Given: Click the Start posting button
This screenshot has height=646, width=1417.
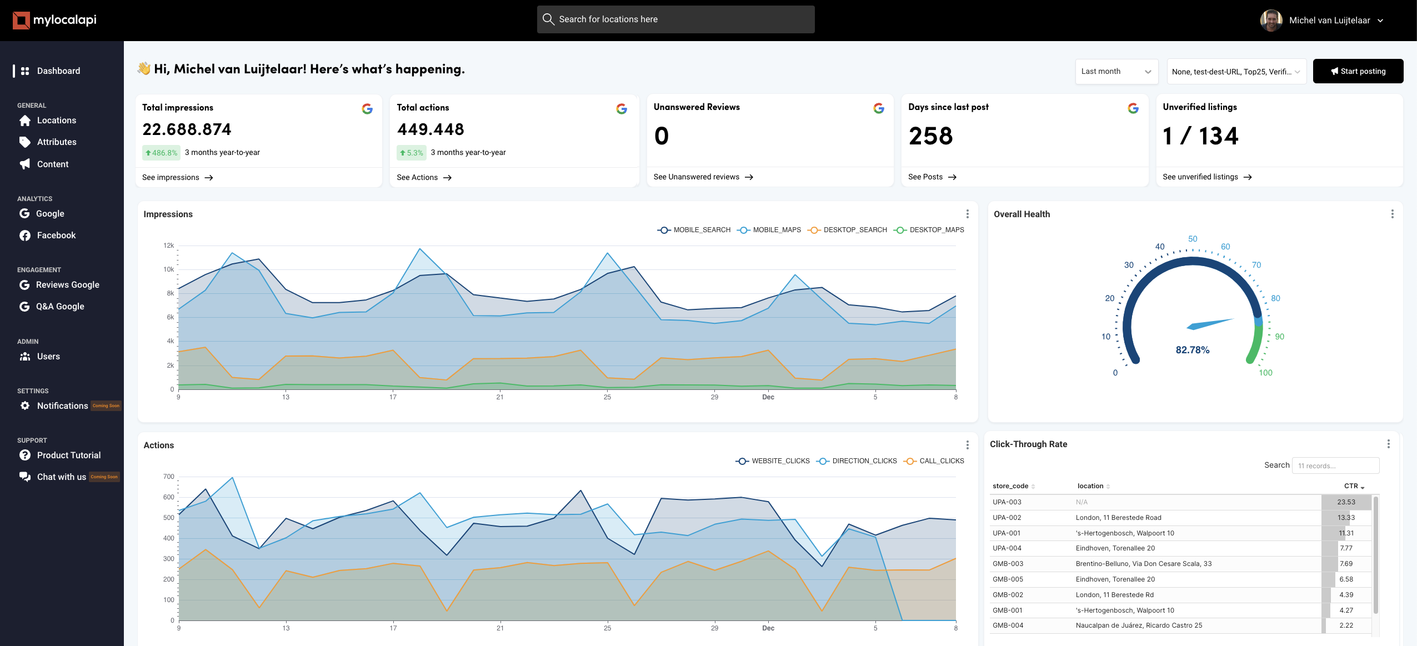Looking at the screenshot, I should [x=1358, y=71].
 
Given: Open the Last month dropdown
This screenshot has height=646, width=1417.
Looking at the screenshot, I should [x=1116, y=71].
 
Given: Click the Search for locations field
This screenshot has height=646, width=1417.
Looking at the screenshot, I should [x=675, y=19].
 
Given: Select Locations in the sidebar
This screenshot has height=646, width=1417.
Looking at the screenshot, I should [x=56, y=121].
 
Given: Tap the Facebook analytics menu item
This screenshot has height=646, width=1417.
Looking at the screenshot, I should [x=56, y=236].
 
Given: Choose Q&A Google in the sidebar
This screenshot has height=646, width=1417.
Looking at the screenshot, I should [x=59, y=307].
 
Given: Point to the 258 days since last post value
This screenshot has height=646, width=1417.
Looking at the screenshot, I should [x=930, y=136].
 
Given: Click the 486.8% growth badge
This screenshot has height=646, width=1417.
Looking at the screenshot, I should [x=161, y=153].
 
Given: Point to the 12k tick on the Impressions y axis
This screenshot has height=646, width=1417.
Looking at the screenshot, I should [x=169, y=246].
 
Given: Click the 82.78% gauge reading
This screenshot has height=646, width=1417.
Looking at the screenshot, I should [x=1192, y=350].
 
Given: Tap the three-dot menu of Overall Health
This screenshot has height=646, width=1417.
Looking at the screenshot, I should [x=1392, y=214].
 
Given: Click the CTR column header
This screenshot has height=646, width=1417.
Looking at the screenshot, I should [x=1351, y=486].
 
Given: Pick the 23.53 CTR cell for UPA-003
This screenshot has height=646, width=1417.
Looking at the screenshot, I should [x=1346, y=502].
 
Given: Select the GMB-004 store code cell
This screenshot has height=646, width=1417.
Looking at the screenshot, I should [x=1008, y=625].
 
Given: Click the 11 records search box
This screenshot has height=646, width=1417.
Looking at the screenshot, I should [x=1335, y=465].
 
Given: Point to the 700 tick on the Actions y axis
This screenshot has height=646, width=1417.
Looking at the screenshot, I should [x=169, y=477].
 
